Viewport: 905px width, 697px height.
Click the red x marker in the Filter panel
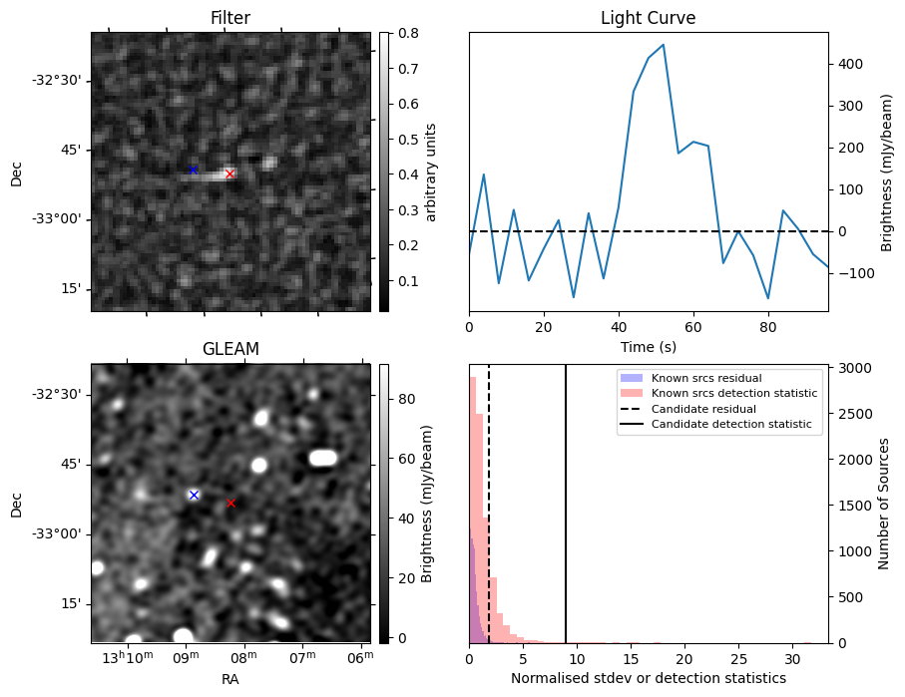coord(229,174)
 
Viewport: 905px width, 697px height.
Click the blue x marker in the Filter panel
coord(194,170)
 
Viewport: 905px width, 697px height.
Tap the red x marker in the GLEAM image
coord(230,503)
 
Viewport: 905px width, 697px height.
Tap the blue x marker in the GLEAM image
coord(194,495)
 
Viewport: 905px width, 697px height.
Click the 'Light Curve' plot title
coord(648,18)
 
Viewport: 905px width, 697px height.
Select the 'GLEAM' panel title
coord(230,349)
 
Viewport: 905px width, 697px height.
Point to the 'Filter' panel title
coord(230,18)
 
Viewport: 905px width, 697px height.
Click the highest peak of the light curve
coord(663,45)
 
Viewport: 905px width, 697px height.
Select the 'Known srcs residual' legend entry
coord(706,378)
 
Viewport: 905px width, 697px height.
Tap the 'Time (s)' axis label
coord(648,345)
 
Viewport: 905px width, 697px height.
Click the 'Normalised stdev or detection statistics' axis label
coord(648,678)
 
